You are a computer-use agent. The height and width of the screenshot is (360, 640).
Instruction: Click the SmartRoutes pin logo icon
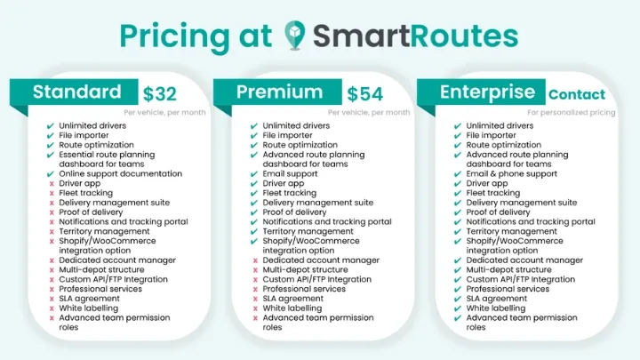coord(294,36)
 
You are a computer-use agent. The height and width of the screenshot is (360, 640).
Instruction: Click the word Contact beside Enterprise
coord(576,94)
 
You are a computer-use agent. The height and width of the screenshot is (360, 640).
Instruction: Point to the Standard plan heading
coord(76,92)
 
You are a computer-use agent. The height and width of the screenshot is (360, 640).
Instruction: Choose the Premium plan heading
coord(279,92)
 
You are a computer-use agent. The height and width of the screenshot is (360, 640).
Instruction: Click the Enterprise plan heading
coord(488,92)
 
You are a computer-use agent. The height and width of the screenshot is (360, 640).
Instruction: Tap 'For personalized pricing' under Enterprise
coord(571,113)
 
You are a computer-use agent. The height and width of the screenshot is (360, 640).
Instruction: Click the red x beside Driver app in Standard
coord(52,183)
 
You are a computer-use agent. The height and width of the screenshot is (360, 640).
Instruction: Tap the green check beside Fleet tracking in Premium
coord(254,193)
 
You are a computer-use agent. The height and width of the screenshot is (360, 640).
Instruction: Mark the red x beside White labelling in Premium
coord(254,308)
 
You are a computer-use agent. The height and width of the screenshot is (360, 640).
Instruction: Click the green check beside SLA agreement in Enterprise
coord(458,299)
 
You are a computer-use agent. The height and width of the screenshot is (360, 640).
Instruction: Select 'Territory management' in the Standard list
coord(104,231)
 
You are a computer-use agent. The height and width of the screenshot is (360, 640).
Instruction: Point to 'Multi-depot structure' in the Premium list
coord(305,269)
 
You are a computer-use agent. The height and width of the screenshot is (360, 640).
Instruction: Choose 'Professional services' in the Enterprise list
coord(508,289)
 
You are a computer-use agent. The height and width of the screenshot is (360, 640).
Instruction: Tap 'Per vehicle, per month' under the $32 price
coord(165,113)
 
